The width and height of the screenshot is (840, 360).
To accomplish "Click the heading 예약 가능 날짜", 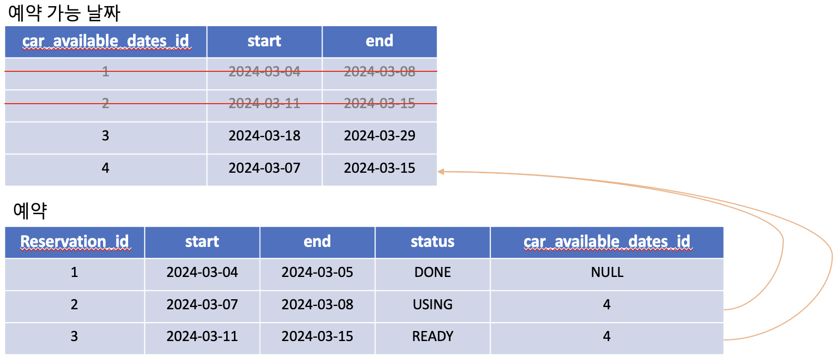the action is pyautogui.click(x=64, y=13).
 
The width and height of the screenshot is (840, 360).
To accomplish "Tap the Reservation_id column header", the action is pyautogui.click(x=75, y=241).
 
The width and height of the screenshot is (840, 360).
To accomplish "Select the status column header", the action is pyautogui.click(x=432, y=241).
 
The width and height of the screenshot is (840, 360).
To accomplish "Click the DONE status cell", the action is pyautogui.click(x=432, y=273).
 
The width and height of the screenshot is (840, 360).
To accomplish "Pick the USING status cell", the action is pyautogui.click(x=432, y=305).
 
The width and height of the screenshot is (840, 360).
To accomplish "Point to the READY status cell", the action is pyautogui.click(x=432, y=337).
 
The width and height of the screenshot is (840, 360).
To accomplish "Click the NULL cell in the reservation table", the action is pyautogui.click(x=607, y=273).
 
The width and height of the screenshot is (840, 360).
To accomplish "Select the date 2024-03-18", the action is pyautogui.click(x=264, y=136).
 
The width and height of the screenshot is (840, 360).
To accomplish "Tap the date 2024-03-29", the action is pyautogui.click(x=379, y=136).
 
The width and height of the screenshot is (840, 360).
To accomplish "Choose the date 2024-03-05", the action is pyautogui.click(x=317, y=273).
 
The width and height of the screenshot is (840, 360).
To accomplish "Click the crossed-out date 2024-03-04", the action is pyautogui.click(x=264, y=71).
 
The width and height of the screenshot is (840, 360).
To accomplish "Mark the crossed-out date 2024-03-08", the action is pyautogui.click(x=379, y=71).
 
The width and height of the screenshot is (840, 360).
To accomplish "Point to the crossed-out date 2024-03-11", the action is pyautogui.click(x=264, y=104).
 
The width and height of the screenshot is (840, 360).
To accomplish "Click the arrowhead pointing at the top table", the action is pyautogui.click(x=441, y=171).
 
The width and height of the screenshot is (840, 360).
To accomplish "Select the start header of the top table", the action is pyautogui.click(x=264, y=41).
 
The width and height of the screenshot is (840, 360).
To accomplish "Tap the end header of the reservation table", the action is pyautogui.click(x=317, y=241).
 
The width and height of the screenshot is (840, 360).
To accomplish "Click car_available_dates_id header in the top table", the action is pyautogui.click(x=106, y=41).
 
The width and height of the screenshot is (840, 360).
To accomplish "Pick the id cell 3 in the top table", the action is pyautogui.click(x=105, y=136).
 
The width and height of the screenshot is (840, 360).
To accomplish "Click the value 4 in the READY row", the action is pyautogui.click(x=607, y=337).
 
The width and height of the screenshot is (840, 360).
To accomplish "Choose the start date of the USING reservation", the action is pyautogui.click(x=202, y=305).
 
